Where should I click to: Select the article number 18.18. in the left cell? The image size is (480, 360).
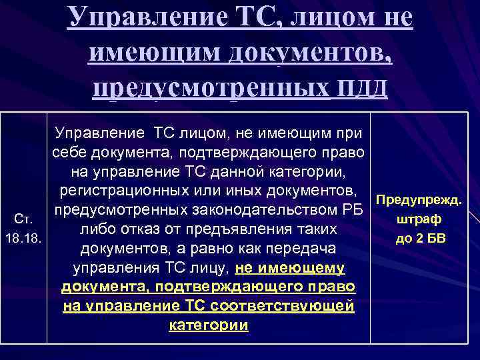(23, 238)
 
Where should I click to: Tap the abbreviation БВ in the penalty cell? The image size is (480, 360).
(435, 238)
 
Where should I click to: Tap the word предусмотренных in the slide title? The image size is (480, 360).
(209, 87)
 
